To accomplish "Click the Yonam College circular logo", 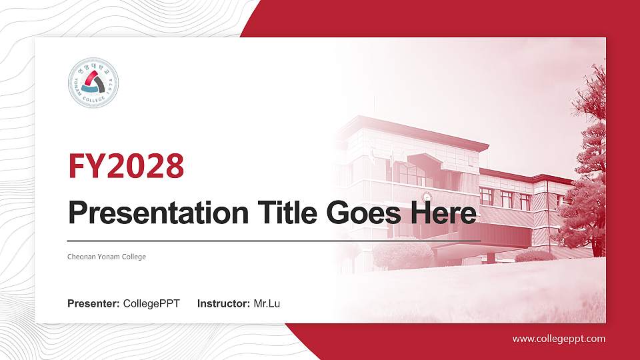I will tap(93, 83).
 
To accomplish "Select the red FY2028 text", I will tap(126, 166).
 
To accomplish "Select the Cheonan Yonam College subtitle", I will tap(107, 257).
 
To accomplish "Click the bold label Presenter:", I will tap(93, 304).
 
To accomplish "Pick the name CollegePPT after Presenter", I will tap(151, 304).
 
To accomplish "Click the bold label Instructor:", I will tap(224, 304).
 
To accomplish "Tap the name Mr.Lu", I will tap(267, 304).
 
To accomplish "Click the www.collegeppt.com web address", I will tap(559, 339).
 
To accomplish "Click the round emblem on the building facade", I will tap(425, 197).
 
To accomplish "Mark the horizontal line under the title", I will tap(274, 240).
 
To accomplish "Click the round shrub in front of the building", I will tap(403, 255).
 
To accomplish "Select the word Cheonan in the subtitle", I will tap(82, 257).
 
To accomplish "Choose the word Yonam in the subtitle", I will tap(109, 257).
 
